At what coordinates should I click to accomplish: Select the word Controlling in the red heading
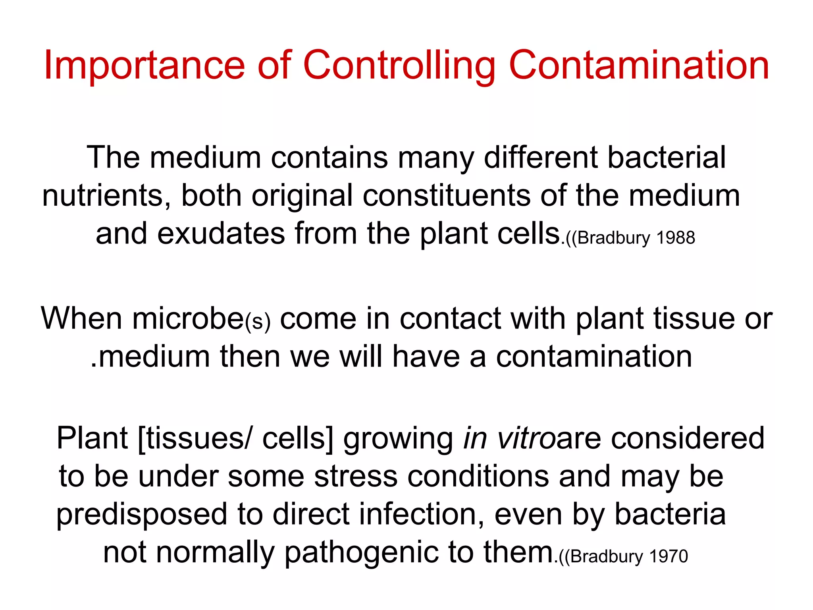399,66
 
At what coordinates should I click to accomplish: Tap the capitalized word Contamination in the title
639,66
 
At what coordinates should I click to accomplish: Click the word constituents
446,196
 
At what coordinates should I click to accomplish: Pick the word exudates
221,234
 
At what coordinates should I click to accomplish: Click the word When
81,319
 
